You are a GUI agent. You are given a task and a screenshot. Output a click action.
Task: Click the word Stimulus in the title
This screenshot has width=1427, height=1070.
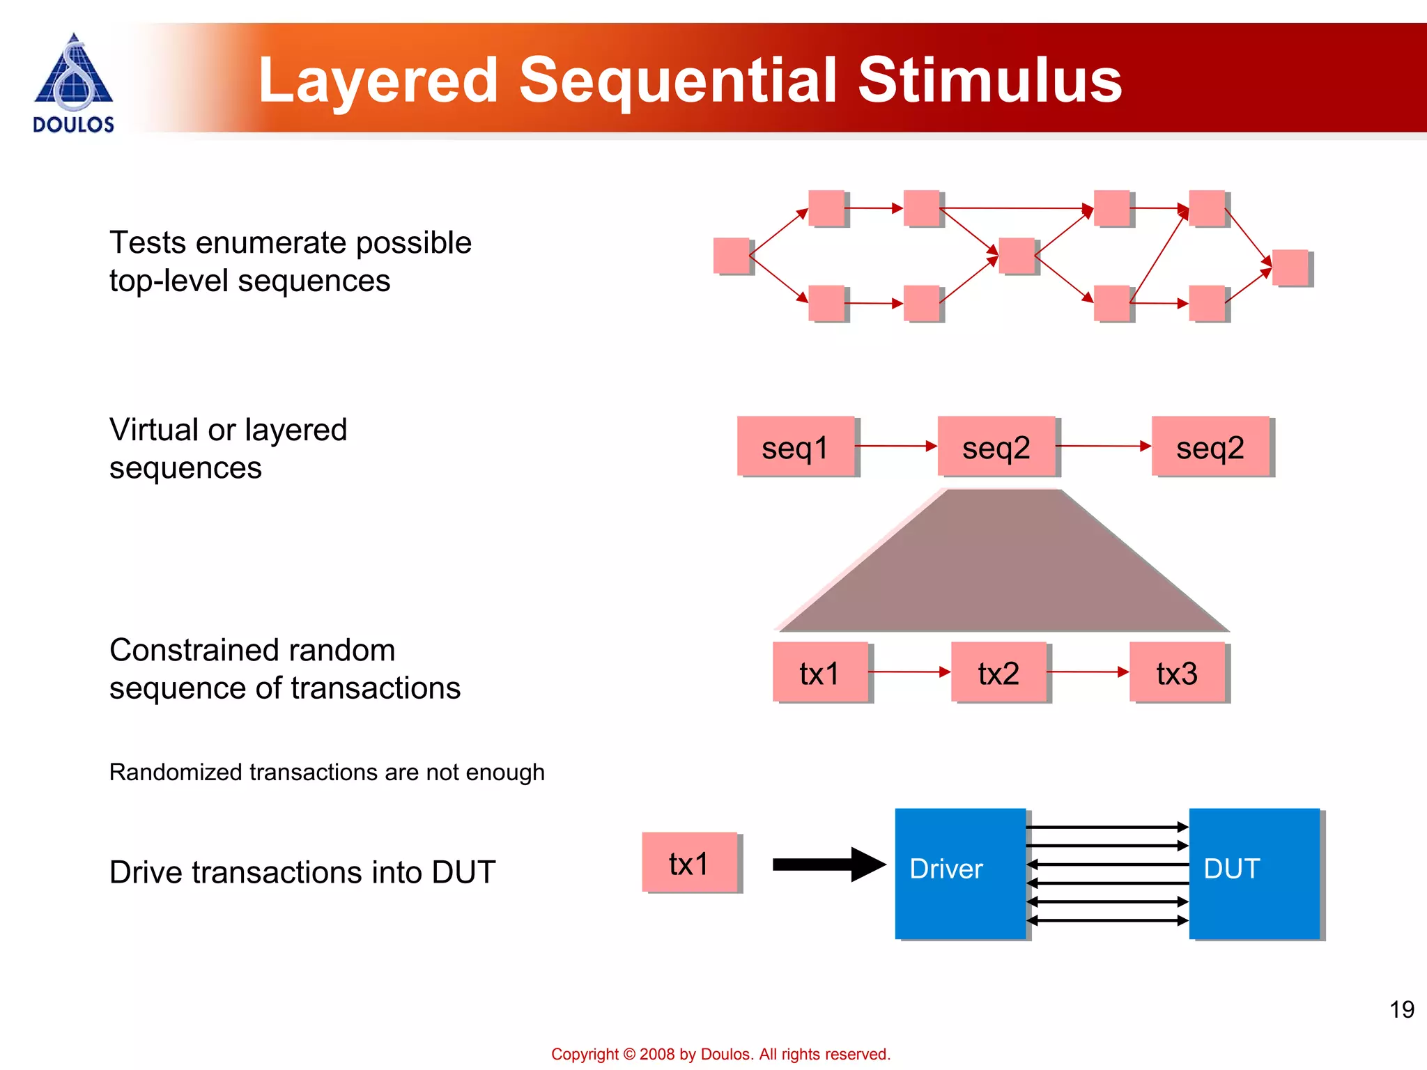[989, 80]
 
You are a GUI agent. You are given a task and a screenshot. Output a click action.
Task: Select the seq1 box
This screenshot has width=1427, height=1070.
[796, 447]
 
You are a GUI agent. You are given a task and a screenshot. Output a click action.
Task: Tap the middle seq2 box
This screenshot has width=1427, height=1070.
[996, 447]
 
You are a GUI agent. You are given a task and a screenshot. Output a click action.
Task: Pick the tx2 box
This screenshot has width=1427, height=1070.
[998, 672]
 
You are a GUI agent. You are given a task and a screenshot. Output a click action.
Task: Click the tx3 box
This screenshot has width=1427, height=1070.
[1177, 672]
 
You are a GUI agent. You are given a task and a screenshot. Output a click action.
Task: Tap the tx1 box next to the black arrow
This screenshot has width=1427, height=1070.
[689, 862]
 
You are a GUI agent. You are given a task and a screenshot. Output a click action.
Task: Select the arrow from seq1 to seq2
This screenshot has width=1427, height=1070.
[896, 446]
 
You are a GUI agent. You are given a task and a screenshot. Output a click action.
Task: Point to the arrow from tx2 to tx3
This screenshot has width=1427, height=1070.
[1088, 672]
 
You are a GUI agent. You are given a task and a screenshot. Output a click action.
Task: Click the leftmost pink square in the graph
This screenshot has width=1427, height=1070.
[731, 256]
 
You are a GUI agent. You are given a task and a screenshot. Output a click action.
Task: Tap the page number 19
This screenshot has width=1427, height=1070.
[1401, 1009]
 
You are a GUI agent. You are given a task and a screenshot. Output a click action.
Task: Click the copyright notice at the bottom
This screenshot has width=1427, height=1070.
[720, 1054]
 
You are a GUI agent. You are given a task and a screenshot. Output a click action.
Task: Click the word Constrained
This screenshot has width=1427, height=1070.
[189, 650]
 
